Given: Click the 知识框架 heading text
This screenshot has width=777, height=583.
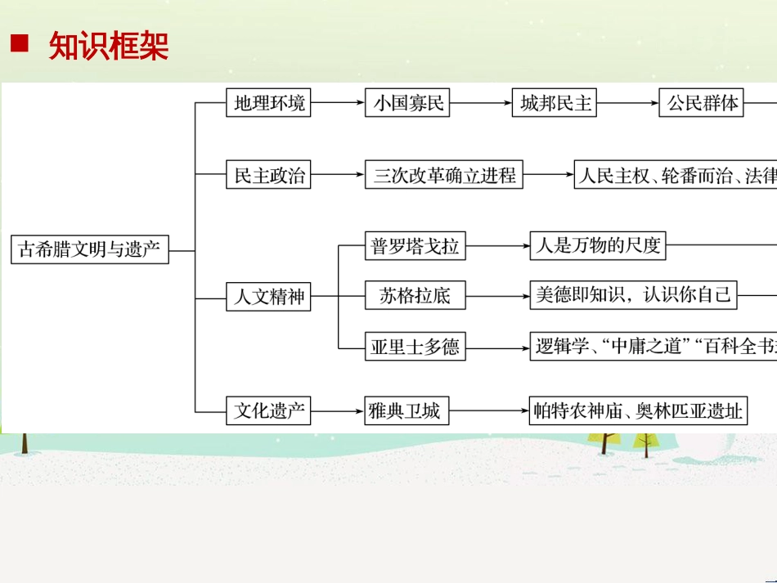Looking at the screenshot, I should point(109,47).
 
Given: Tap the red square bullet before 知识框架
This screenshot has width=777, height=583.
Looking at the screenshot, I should point(19,44).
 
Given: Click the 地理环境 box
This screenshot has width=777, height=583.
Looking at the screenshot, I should point(269,103).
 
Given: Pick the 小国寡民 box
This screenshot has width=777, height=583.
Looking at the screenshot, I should point(407,103).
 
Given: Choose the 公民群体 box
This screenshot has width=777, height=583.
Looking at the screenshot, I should point(703,103).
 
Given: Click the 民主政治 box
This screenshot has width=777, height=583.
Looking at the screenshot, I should point(269,175).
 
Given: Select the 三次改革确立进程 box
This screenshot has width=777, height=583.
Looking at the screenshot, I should point(444,175).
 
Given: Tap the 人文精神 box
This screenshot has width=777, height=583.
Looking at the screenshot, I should point(269,296).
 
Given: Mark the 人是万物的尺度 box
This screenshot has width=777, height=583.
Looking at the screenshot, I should point(597,245).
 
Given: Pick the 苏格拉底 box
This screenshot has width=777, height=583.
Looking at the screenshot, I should point(415,296).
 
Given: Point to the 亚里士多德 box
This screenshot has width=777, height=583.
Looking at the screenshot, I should point(415,347).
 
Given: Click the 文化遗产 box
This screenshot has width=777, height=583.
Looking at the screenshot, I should point(269,410).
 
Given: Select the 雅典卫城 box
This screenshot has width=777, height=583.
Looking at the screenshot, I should point(407,410).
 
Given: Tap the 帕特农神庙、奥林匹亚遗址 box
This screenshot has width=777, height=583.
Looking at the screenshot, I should point(639,410).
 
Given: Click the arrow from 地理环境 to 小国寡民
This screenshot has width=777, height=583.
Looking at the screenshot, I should point(338,103).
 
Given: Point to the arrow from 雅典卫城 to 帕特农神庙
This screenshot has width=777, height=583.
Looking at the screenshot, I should point(489,410).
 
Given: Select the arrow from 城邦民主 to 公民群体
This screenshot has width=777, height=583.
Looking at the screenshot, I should point(628,103).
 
